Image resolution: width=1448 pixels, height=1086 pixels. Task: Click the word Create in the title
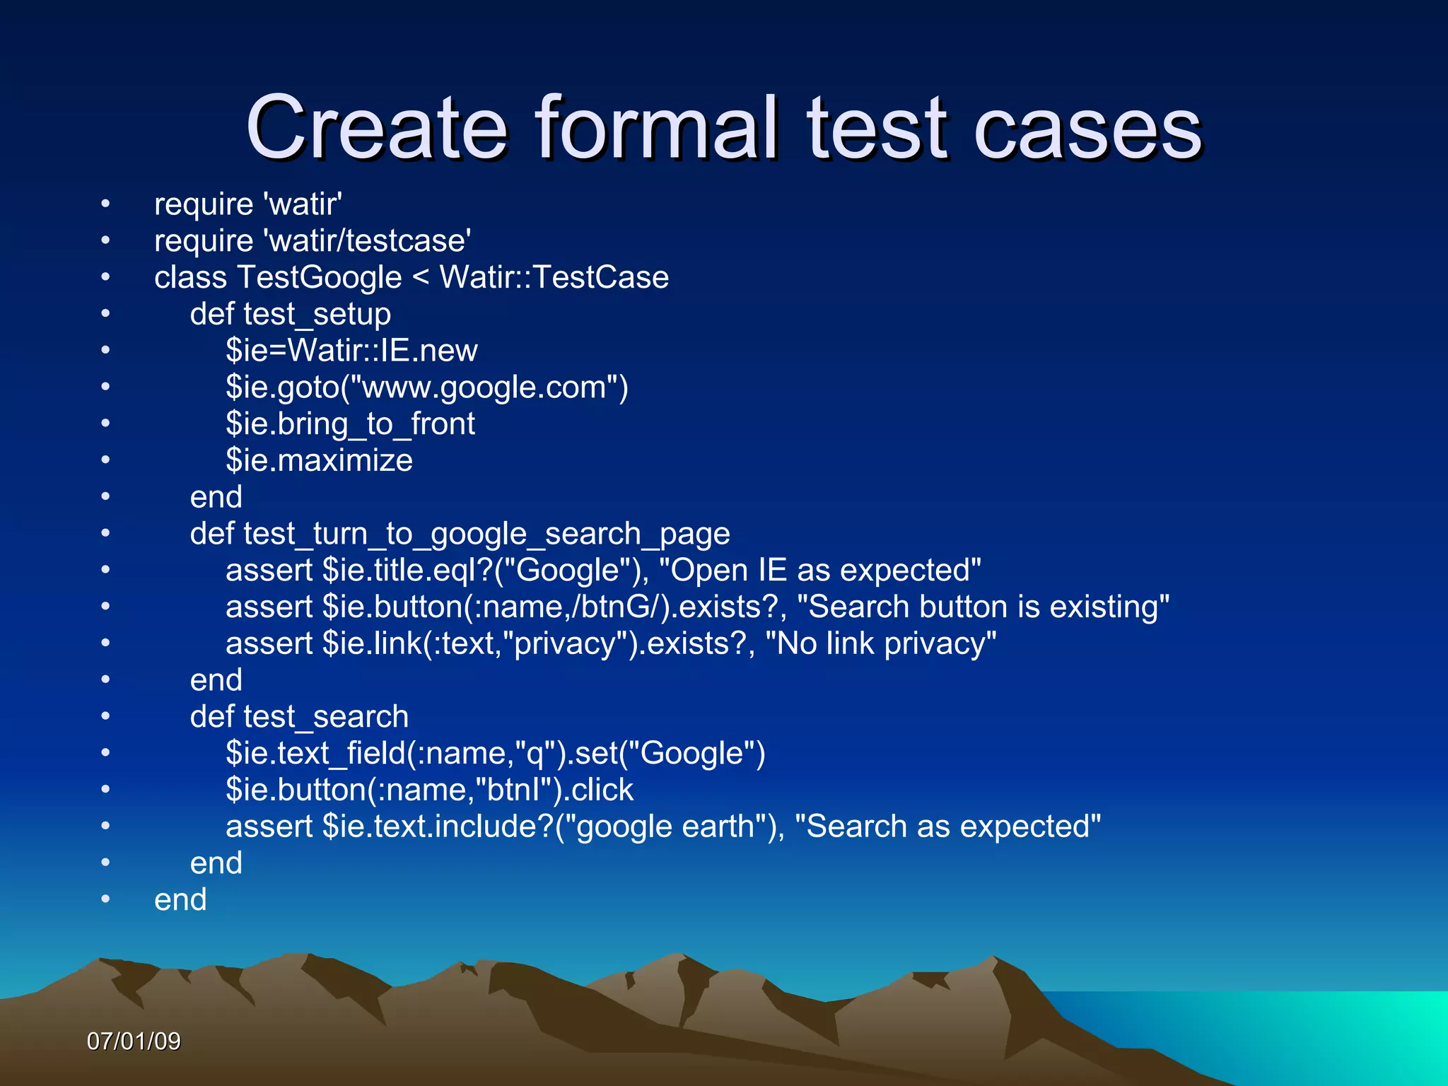tap(377, 128)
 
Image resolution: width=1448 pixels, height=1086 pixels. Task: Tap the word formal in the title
tap(657, 128)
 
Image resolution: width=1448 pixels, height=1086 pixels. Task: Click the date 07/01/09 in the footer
tap(134, 1041)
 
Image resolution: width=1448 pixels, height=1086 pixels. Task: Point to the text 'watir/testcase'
tap(368, 240)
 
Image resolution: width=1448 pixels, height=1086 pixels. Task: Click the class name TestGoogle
tap(320, 277)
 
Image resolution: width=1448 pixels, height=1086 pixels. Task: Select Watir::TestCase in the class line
tap(554, 277)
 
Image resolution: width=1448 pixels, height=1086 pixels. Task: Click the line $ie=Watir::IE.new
tap(351, 351)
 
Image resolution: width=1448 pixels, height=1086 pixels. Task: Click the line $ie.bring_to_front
tap(350, 424)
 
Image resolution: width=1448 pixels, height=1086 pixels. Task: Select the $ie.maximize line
tap(319, 460)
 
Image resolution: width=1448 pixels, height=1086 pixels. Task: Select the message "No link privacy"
tap(881, 644)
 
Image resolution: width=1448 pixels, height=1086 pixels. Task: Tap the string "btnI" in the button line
tap(519, 790)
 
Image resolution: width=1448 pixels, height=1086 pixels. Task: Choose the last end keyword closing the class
tap(180, 900)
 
